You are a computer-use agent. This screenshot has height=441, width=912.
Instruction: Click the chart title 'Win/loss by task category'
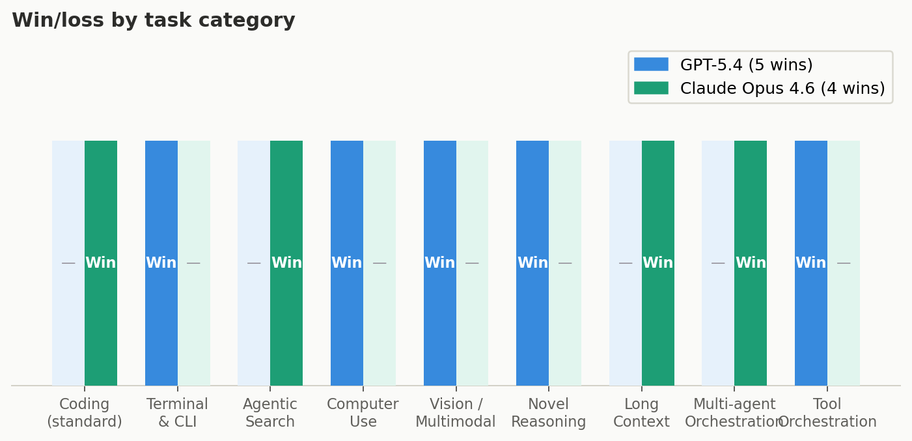(154, 21)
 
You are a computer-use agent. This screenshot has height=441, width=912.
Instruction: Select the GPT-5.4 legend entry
(723, 65)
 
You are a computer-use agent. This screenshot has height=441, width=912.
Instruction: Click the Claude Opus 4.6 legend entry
(759, 89)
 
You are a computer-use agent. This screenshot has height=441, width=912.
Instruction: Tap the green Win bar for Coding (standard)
(101, 195)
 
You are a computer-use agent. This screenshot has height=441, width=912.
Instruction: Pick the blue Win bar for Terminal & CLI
(161, 195)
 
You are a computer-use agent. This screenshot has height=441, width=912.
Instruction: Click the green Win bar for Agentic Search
(286, 195)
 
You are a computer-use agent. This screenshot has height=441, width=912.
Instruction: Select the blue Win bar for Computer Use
(347, 195)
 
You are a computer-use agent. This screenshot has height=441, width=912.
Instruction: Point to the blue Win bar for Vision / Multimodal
(440, 195)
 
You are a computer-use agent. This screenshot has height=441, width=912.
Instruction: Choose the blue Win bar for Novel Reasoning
(532, 195)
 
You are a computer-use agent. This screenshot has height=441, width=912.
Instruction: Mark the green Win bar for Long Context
(658, 195)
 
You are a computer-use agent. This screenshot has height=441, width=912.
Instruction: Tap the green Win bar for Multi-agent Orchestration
(751, 195)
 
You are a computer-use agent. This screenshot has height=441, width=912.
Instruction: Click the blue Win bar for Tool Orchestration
(811, 195)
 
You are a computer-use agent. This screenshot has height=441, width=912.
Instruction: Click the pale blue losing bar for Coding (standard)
(68, 195)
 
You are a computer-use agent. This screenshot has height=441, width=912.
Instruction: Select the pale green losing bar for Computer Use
(380, 195)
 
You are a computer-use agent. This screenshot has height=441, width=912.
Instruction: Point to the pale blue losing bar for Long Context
(626, 195)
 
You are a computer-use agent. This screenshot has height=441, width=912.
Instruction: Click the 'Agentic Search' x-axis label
(270, 413)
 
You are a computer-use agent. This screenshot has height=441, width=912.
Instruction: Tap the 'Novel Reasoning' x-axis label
(549, 413)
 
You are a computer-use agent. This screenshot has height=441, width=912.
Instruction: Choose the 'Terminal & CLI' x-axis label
(178, 413)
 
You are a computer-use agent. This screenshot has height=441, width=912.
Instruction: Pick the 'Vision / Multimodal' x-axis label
(456, 413)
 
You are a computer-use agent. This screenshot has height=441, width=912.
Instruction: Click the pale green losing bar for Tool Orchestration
(844, 195)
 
